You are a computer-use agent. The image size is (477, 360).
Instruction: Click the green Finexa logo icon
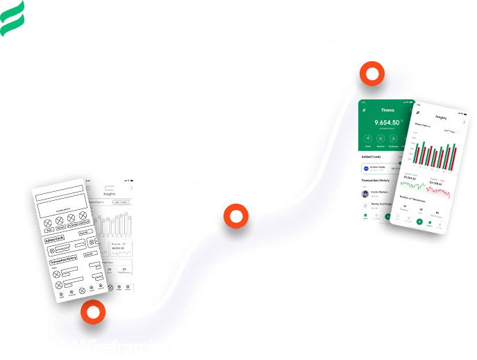(12, 18)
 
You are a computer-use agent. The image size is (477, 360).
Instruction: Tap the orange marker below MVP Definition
(236, 217)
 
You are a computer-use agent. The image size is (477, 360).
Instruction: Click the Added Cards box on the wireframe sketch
(58, 240)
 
